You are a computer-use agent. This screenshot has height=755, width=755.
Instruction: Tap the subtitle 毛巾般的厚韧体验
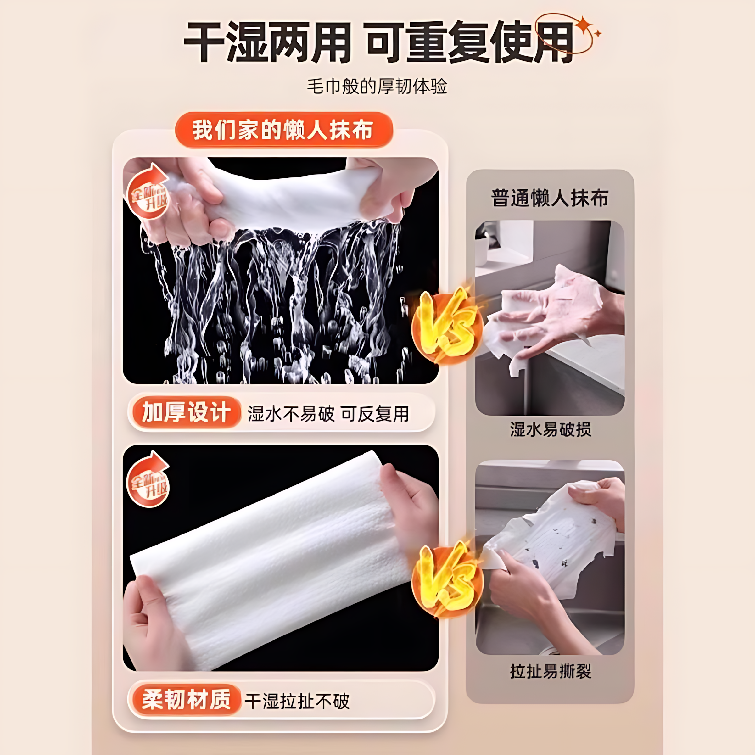[377, 86]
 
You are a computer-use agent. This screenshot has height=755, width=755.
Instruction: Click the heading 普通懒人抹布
[550, 198]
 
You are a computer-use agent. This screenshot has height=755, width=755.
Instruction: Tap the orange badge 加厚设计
[185, 413]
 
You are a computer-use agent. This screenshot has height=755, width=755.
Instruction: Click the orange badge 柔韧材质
[185, 700]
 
